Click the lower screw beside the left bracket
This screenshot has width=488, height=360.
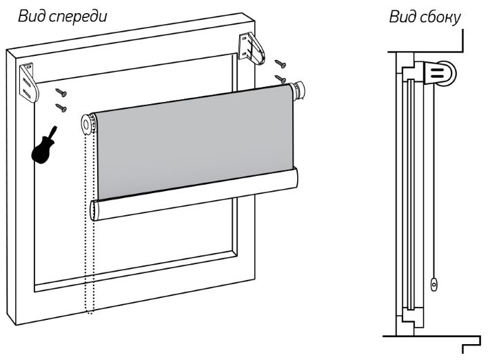(61, 106)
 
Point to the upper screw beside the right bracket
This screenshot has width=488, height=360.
(280, 63)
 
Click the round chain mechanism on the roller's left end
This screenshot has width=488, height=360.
(89, 124)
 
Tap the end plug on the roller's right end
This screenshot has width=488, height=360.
(298, 91)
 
